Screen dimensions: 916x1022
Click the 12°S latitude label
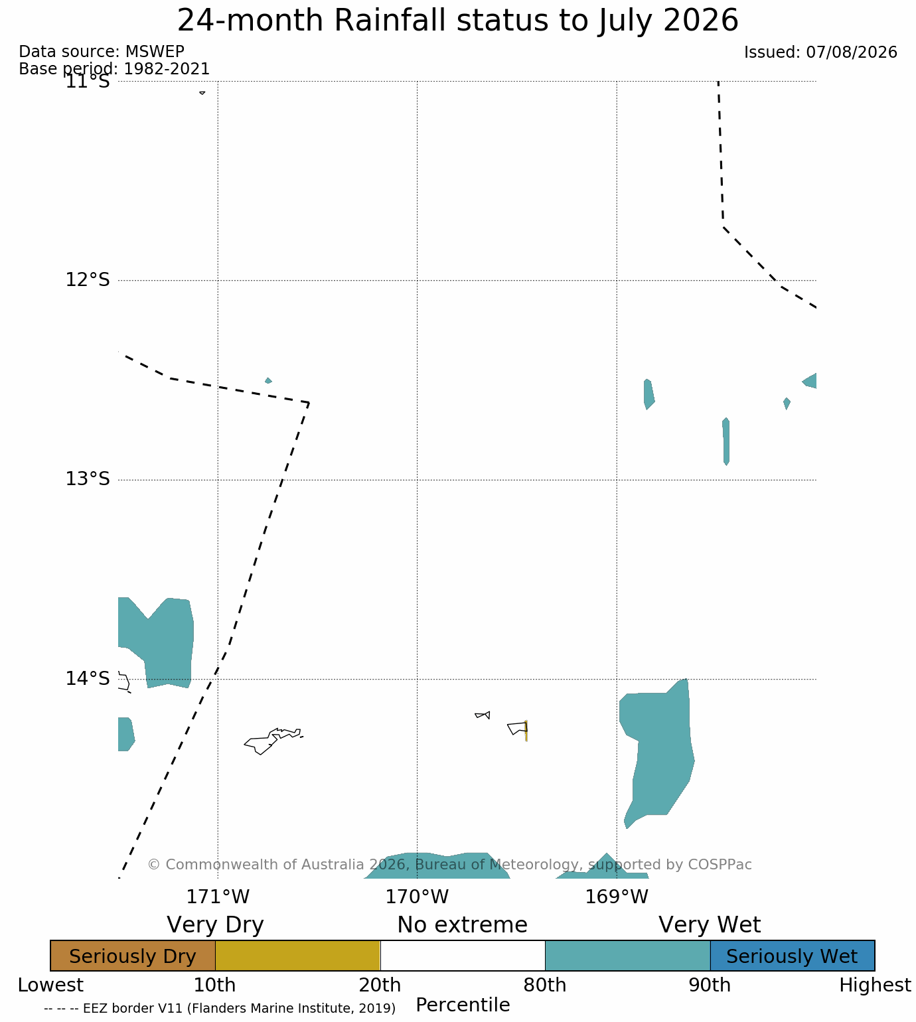point(88,279)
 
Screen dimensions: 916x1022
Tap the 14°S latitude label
point(88,678)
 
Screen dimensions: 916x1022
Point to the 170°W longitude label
point(417,897)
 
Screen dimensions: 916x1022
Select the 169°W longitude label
point(616,897)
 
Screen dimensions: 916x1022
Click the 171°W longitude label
point(218,897)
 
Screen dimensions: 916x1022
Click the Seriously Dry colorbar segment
point(133,956)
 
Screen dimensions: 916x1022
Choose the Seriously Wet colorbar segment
point(792,956)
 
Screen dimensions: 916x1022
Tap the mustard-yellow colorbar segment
point(298,956)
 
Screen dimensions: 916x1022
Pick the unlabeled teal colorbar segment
point(627,956)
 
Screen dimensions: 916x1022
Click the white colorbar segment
point(463,956)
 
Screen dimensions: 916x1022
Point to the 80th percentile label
point(544,986)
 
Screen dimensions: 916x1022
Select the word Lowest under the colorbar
point(50,986)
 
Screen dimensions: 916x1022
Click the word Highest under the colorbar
point(875,986)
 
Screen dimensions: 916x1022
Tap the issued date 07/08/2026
point(852,52)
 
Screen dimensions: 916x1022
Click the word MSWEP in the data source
point(155,52)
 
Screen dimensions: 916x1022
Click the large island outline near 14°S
point(273,741)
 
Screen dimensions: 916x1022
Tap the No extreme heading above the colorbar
point(462,925)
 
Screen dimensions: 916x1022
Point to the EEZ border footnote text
point(220,1008)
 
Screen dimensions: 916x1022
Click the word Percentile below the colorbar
point(463,1005)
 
